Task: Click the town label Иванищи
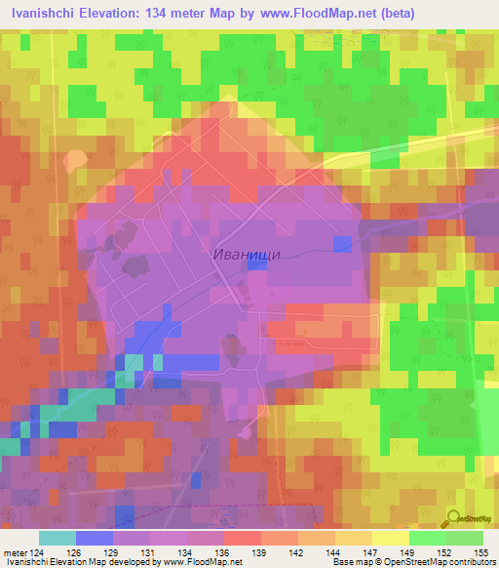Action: click(x=247, y=253)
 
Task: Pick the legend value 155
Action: click(x=480, y=554)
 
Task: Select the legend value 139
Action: click(x=258, y=554)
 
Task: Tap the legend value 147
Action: click(x=369, y=554)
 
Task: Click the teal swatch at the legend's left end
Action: click(x=58, y=538)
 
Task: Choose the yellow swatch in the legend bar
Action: click(x=391, y=538)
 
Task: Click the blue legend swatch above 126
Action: click(x=95, y=538)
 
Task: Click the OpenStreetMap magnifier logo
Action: click(x=453, y=518)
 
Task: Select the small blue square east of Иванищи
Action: click(x=342, y=243)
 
